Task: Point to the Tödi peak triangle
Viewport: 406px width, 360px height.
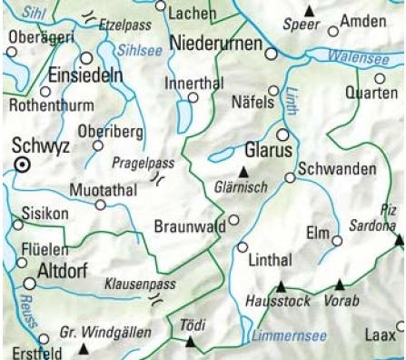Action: click(x=190, y=343)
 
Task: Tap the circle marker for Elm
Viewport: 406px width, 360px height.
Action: click(x=337, y=241)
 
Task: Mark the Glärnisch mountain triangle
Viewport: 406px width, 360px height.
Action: click(x=243, y=173)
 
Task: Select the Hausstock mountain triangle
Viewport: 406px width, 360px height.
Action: click(x=280, y=284)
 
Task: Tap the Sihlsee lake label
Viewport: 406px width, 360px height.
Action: click(x=143, y=54)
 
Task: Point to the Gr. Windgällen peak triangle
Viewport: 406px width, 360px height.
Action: click(x=84, y=348)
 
